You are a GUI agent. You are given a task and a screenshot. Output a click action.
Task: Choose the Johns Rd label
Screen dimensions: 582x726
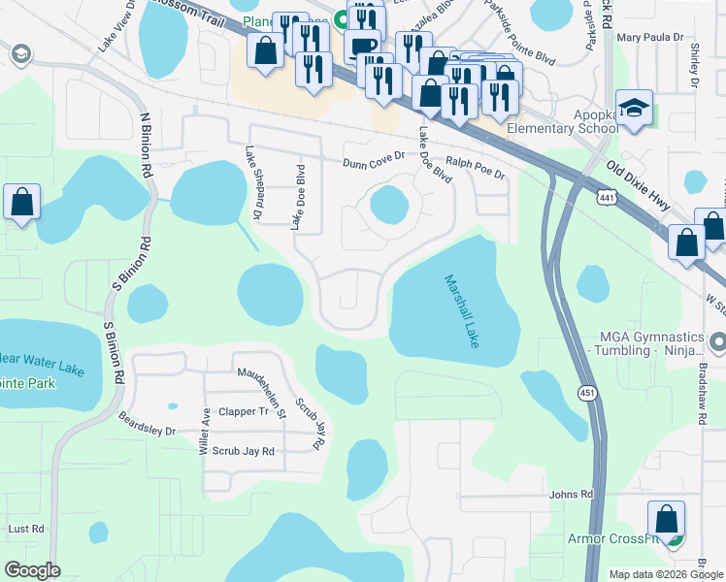(571, 495)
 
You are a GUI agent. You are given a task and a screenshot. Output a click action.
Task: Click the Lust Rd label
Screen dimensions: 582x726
(26, 529)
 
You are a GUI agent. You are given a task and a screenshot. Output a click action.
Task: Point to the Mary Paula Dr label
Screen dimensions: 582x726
(650, 38)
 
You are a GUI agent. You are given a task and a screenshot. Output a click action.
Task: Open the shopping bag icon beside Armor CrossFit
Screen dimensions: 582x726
(666, 519)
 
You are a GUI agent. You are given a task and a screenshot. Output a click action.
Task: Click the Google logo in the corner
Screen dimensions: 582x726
(32, 569)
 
